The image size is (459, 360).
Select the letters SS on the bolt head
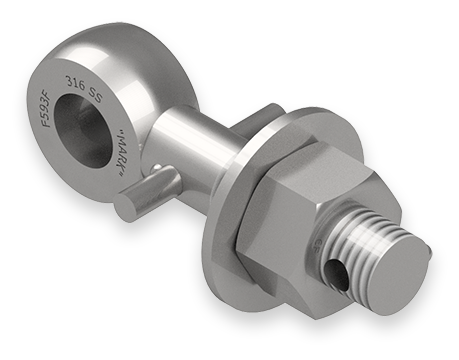pos(94,96)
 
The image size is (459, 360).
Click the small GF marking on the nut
pos(318,241)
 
